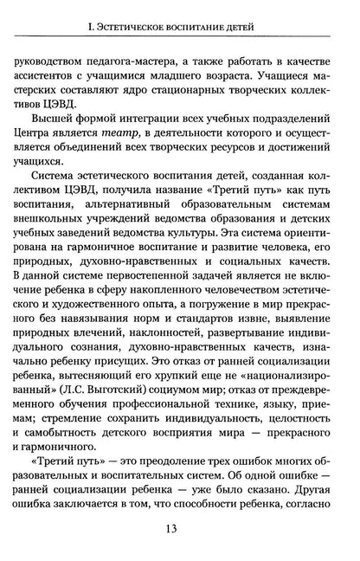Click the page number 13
pyautogui.click(x=181, y=533)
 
